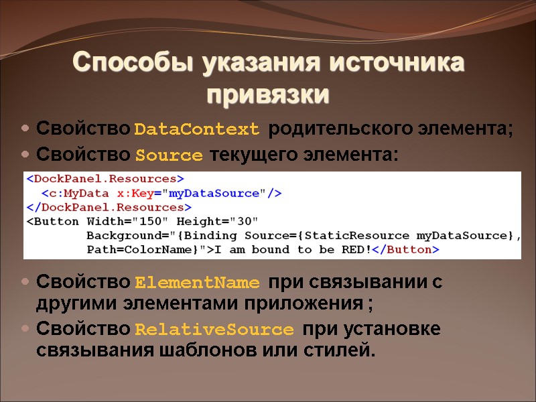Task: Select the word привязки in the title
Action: pyautogui.click(x=268, y=94)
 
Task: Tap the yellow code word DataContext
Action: pyautogui.click(x=196, y=129)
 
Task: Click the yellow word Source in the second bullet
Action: pyautogui.click(x=169, y=156)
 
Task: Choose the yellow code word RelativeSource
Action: pyautogui.click(x=214, y=330)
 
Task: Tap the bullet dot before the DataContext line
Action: pyautogui.click(x=25, y=128)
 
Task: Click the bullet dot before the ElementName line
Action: pyautogui.click(x=25, y=281)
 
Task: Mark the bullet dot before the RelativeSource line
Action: pyautogui.click(x=25, y=330)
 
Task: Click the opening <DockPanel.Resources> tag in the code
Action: pyautogui.click(x=105, y=179)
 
